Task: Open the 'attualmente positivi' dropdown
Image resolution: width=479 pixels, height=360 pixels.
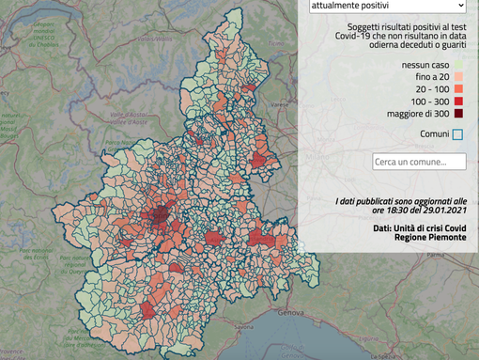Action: point(387,7)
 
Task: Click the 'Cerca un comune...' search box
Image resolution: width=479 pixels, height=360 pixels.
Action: point(420,162)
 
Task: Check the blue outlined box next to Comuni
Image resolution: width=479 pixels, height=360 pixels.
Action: point(457,134)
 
